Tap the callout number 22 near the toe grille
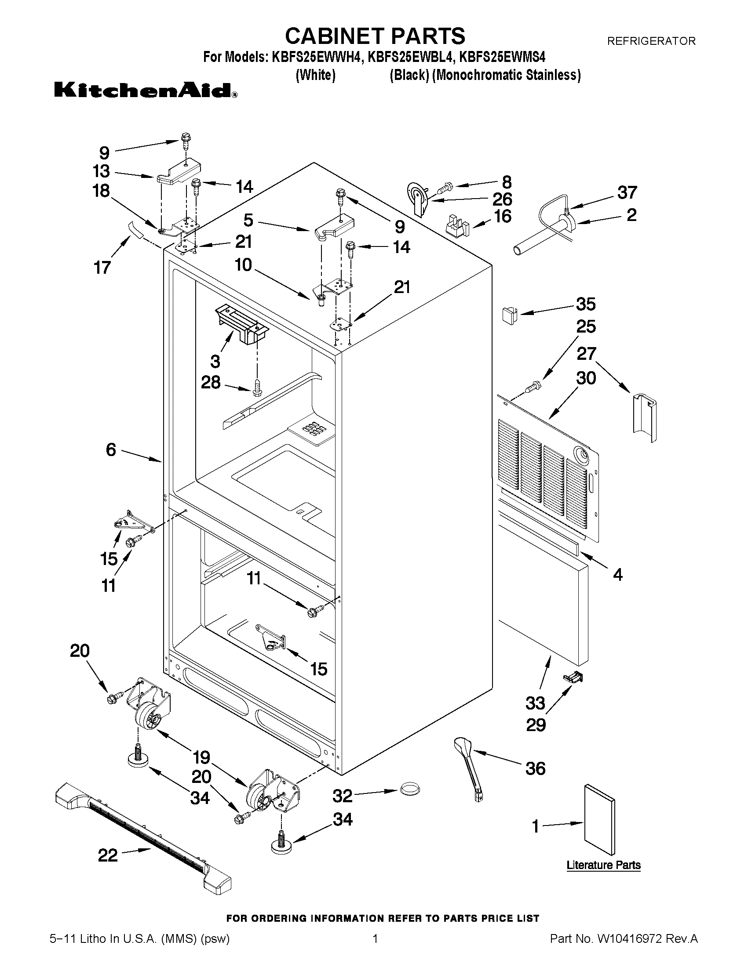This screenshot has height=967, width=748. point(108,855)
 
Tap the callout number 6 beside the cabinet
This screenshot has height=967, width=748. point(111,450)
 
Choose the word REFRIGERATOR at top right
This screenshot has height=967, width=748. point(651,41)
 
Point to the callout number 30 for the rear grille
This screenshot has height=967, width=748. point(586,378)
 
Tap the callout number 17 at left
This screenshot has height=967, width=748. point(102,268)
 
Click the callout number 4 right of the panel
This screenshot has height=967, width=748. point(617,575)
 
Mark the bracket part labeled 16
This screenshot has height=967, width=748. point(456,225)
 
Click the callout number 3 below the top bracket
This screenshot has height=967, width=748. point(215,361)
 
